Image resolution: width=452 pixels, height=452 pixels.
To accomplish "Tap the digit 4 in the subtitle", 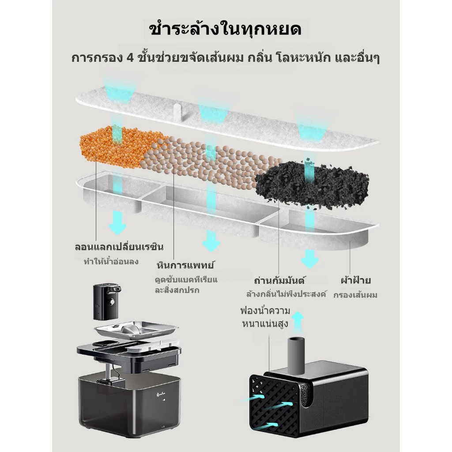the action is (130, 58).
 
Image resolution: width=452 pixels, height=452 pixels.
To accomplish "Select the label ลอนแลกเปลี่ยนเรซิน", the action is (119, 247).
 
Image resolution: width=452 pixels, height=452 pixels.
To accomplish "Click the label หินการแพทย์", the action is (185, 264).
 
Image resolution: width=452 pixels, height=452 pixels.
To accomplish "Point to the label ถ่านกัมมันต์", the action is (279, 280).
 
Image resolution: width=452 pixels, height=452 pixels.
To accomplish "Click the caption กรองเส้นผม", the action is (355, 295).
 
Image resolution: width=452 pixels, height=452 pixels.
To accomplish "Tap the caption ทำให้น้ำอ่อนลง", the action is (111, 261).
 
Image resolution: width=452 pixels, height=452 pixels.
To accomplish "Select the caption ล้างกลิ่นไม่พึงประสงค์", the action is (286, 294).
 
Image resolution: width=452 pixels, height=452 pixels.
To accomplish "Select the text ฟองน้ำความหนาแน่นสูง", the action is (265, 317).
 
